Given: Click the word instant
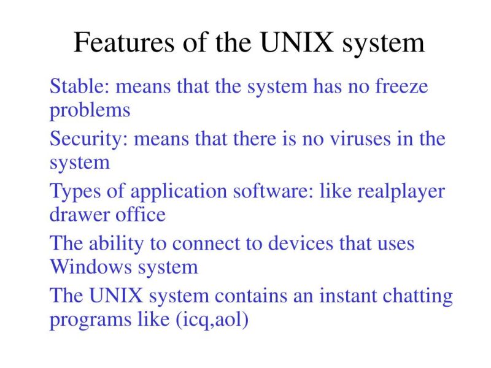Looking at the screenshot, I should pyautogui.click(x=339, y=296).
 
